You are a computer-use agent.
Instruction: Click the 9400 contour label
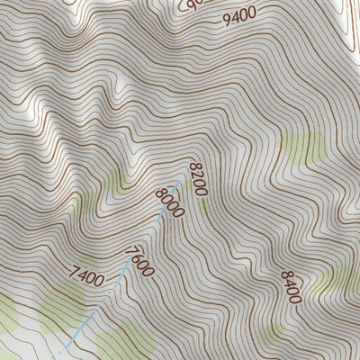coord(240,13)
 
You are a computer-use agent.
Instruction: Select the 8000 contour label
coord(168,202)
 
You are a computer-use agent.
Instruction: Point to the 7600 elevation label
coord(140,261)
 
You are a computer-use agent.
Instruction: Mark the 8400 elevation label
coord(292,286)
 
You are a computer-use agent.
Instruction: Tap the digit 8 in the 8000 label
coord(160,191)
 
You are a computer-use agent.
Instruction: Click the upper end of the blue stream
coord(187,176)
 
